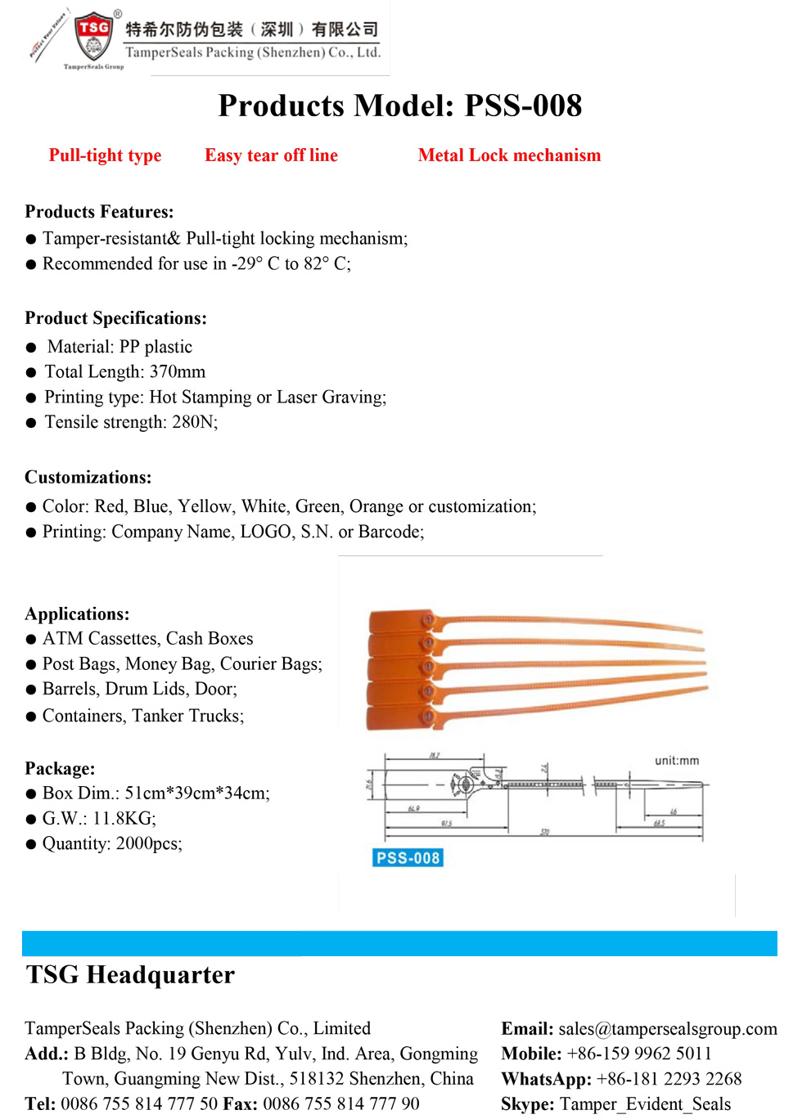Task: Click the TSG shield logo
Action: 94,36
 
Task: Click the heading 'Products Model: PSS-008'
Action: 399,106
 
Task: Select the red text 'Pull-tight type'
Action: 105,155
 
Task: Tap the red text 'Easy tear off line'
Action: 271,155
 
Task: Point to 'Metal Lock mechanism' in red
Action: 509,155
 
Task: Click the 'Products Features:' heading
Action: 99,212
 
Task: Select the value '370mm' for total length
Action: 178,372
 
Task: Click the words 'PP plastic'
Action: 156,347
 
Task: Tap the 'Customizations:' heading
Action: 88,478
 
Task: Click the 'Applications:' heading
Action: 77,614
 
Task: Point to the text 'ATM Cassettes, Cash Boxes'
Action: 147,639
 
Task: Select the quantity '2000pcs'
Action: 150,843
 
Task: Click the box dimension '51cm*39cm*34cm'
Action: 196,793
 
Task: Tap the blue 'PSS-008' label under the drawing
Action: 408,858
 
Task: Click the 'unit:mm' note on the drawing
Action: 677,761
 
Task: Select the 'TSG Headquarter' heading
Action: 130,975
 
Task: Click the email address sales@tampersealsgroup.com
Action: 668,1029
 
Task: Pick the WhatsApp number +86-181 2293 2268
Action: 669,1079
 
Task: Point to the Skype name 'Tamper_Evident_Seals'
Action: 645,1104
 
